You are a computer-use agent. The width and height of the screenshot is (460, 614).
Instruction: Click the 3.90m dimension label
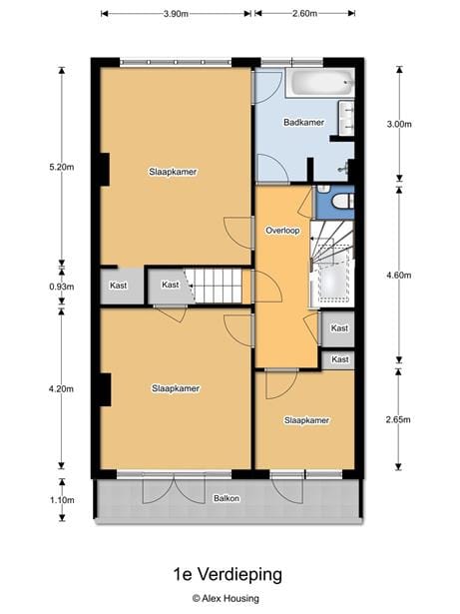click(x=176, y=14)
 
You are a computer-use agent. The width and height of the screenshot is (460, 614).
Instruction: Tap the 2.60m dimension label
click(x=304, y=14)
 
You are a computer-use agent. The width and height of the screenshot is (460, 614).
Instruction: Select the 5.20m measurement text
click(x=62, y=167)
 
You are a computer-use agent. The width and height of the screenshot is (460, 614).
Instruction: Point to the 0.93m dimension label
click(x=62, y=287)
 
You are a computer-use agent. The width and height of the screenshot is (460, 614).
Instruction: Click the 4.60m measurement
click(x=399, y=276)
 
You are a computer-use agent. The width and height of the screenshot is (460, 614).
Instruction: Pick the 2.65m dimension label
click(x=398, y=419)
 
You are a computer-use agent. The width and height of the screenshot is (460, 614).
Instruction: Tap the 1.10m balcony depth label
click(x=62, y=500)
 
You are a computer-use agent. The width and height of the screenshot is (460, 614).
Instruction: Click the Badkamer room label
click(x=303, y=123)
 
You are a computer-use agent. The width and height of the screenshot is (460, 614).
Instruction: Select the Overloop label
click(x=282, y=231)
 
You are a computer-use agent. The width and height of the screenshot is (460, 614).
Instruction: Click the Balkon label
click(x=227, y=498)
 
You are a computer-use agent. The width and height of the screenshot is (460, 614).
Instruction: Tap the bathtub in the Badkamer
click(x=320, y=83)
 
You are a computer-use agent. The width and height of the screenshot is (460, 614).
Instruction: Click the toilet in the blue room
click(x=342, y=202)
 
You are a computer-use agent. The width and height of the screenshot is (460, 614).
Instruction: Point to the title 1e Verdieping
click(x=228, y=574)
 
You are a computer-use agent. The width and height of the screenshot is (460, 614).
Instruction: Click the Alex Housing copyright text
click(x=226, y=598)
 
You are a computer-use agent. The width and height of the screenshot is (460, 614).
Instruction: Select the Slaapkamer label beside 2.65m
click(x=306, y=420)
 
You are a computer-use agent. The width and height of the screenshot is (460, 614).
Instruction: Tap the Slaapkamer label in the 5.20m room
click(x=173, y=172)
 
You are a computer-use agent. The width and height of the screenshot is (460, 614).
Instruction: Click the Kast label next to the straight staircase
click(x=171, y=285)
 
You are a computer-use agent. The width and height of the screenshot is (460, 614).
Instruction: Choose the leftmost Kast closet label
click(x=118, y=286)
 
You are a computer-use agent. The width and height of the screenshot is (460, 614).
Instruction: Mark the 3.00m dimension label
click(x=399, y=124)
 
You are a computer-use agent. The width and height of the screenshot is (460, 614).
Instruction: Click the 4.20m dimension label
click(x=61, y=388)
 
